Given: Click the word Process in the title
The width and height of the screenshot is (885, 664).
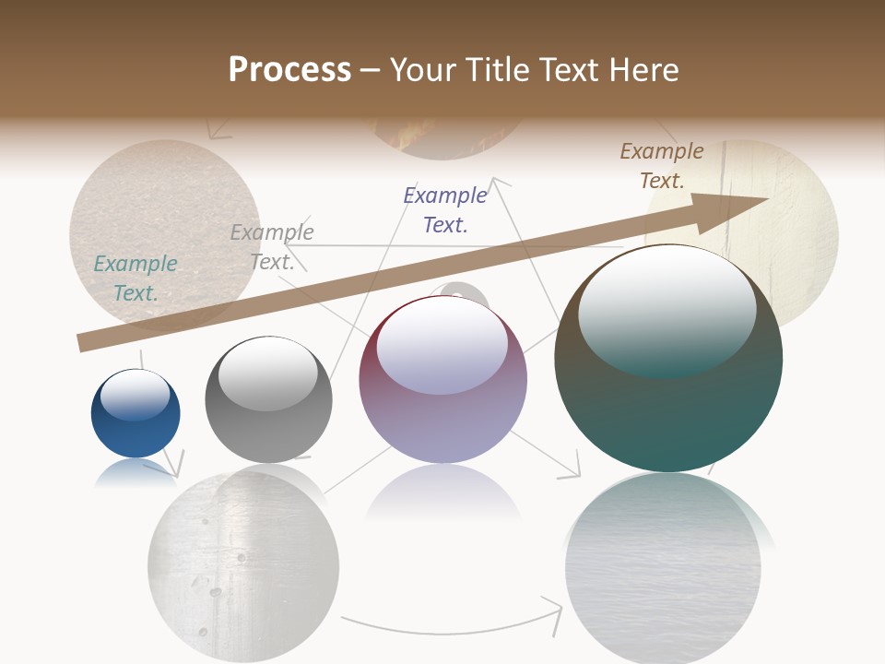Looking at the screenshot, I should (x=289, y=70).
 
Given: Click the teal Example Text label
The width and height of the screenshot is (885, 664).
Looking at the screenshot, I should (x=136, y=279).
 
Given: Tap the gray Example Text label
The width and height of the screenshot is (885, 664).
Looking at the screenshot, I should (x=272, y=247).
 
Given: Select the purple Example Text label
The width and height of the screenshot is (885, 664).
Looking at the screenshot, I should (x=445, y=209).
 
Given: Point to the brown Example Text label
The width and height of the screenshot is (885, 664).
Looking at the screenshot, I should (x=662, y=165).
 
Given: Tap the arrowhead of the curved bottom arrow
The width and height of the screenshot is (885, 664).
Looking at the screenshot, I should (x=555, y=611).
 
